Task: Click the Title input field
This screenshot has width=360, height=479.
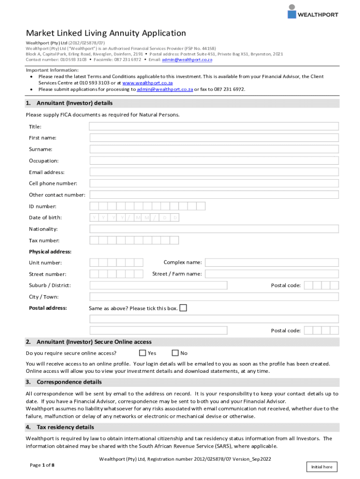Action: coord(214,126)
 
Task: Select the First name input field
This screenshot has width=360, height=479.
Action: coord(214,138)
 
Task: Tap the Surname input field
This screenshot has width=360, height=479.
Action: coord(214,149)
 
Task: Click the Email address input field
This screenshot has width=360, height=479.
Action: coord(214,172)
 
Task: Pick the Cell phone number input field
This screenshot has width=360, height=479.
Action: coord(214,183)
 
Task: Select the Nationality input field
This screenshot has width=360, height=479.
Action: coord(214,229)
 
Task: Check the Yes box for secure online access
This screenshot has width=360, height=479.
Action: coord(143,353)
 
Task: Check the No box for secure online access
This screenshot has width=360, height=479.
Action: coord(175,353)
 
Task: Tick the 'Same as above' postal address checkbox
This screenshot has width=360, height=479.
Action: coord(183,308)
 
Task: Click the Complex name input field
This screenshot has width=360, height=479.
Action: coord(272,263)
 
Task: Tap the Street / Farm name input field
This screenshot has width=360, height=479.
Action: coord(272,274)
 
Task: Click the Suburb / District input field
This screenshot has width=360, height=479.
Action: coord(158,285)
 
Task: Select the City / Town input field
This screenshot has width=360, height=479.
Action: coord(214,297)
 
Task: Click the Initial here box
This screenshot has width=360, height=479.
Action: coord(322,467)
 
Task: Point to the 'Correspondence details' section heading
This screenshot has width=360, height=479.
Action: coord(69,382)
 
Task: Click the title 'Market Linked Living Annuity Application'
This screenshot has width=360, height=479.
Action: coord(106,33)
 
